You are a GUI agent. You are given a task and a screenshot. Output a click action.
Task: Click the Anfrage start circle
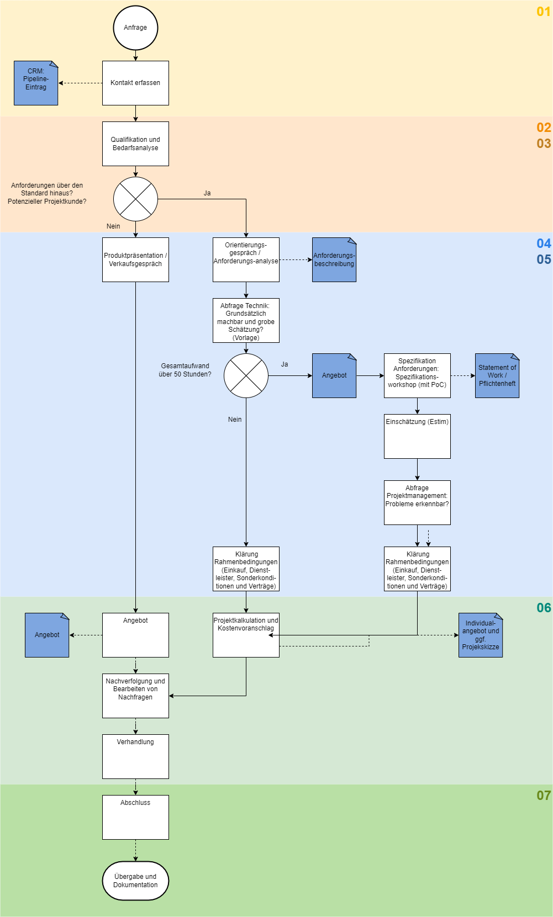point(135,28)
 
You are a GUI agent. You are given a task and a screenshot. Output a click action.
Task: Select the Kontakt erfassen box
point(135,83)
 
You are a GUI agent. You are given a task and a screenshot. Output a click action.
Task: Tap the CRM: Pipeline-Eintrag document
point(36,83)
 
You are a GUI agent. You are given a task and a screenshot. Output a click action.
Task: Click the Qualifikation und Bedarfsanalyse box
point(135,144)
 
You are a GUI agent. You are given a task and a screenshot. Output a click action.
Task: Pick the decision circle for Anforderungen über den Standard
point(135,199)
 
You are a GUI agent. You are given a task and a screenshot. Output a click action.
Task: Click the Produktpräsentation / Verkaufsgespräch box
point(135,259)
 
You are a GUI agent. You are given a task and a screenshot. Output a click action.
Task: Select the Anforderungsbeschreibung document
point(334,259)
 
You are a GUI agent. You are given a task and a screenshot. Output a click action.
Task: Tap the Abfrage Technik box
point(246,320)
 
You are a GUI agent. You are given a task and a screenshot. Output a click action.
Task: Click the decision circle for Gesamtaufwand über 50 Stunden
point(246,375)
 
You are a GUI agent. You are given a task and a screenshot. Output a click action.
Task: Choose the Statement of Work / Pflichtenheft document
point(497,375)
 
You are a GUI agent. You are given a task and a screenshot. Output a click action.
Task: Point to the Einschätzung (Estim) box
point(417,436)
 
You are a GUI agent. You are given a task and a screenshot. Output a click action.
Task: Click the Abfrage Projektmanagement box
point(417,502)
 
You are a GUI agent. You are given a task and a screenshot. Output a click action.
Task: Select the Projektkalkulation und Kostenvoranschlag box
point(246,635)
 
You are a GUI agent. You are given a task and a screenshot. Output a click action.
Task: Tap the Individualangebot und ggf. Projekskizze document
point(481,635)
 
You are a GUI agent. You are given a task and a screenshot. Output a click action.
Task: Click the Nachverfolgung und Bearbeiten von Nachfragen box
point(135,696)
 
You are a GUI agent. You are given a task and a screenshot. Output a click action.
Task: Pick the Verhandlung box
point(135,756)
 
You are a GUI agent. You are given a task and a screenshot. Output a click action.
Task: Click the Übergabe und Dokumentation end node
point(135,881)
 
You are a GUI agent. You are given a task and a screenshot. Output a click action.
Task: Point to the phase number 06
point(544,608)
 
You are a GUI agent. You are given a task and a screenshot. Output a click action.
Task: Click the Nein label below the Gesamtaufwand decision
point(235,420)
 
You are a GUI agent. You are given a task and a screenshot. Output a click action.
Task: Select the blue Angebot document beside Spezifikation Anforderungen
point(334,375)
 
